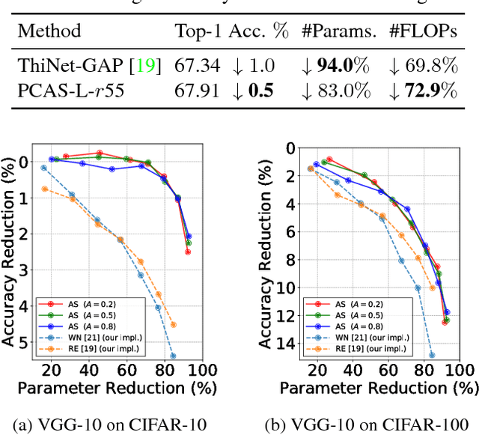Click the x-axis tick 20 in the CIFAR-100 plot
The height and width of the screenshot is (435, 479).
[317, 370]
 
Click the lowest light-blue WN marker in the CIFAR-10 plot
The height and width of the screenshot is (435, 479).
[173, 356]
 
